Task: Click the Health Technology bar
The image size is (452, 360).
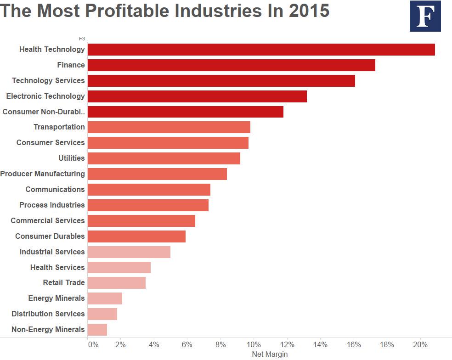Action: [261, 50]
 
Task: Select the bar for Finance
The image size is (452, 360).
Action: [231, 65]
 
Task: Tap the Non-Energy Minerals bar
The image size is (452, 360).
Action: [97, 329]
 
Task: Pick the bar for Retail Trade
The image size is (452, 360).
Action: [116, 282]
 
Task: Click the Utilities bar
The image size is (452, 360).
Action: [164, 158]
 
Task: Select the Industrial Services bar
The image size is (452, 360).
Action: [129, 252]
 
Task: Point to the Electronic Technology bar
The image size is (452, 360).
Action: [197, 96]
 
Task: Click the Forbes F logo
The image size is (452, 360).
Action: [425, 16]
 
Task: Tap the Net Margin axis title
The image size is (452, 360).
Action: [270, 354]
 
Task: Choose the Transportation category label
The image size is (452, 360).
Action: [59, 127]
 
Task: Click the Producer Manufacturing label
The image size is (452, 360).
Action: [42, 174]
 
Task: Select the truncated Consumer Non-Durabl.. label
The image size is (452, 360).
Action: [44, 112]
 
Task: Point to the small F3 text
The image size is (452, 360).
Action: [82, 39]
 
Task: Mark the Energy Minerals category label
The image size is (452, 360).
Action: [56, 298]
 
